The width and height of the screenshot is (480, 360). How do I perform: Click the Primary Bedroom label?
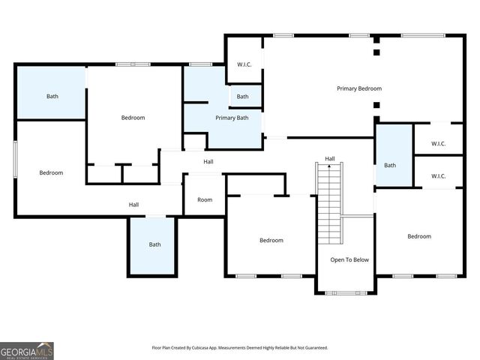359,88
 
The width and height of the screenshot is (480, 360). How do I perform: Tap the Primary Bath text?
232,118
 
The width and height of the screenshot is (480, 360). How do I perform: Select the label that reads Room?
205,199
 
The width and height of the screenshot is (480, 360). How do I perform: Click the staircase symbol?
329,202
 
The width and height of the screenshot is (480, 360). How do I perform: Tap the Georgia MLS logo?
27,350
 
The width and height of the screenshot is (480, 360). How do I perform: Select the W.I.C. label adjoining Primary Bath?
244,64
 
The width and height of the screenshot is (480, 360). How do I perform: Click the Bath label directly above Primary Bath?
243,97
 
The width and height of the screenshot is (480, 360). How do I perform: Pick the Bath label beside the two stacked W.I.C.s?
390,165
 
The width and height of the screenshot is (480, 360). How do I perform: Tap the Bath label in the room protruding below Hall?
154,244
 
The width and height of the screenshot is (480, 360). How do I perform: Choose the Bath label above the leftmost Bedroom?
52,96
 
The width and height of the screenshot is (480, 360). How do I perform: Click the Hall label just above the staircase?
330,158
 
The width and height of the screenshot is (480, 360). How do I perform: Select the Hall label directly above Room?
208,161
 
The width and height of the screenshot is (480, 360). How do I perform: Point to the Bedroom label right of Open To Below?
419,236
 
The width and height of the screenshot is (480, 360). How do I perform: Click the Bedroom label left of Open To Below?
271,240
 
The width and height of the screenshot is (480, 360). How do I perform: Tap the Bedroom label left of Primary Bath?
133,118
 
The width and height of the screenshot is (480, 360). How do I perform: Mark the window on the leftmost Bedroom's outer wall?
15,158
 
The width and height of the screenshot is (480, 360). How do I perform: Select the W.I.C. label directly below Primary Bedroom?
439,143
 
